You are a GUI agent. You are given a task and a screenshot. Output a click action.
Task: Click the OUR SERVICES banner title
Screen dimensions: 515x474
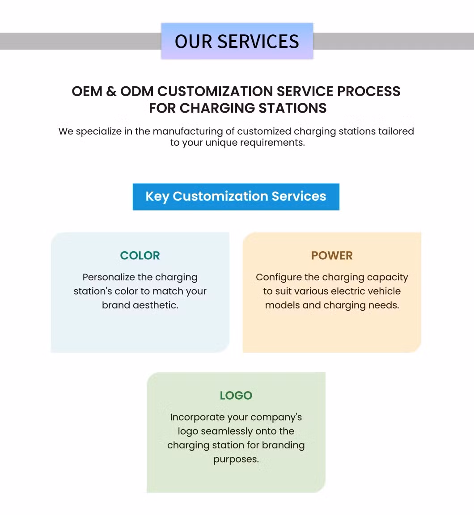pyautogui.click(x=237, y=42)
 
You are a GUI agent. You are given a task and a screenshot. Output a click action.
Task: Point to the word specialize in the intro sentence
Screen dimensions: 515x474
pyautogui.click(x=97, y=131)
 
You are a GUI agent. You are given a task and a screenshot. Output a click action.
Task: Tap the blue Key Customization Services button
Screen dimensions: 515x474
pyautogui.click(x=236, y=196)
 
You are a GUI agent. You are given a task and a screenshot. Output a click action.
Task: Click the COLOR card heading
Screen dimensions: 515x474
pyautogui.click(x=140, y=256)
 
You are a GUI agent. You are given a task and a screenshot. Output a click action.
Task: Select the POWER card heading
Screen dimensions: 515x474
pyautogui.click(x=332, y=256)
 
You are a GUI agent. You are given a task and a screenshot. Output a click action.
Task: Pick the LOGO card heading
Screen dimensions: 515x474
pyautogui.click(x=236, y=396)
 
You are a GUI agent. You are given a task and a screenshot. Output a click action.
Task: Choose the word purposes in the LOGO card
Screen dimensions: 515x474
pyautogui.click(x=236, y=460)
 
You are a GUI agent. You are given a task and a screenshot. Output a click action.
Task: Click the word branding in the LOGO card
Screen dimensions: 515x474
pyautogui.click(x=283, y=445)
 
